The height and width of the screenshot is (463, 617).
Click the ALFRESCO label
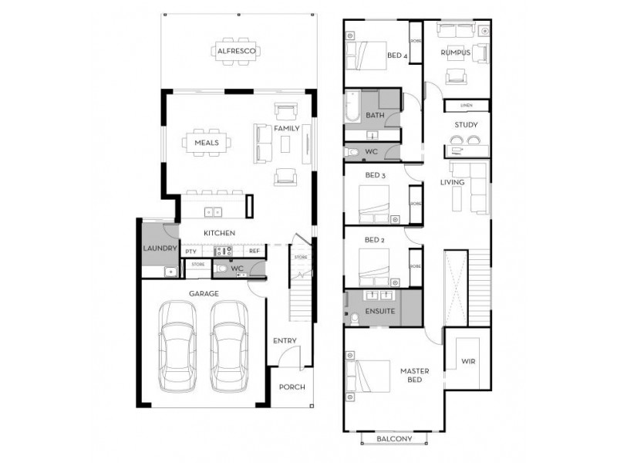(x=238, y=52)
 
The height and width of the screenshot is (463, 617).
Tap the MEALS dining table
(x=207, y=142)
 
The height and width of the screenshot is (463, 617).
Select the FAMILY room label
(x=287, y=128)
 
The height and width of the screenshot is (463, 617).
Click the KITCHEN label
(x=219, y=233)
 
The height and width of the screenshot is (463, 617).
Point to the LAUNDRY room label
(x=160, y=248)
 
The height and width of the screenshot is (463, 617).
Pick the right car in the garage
(x=230, y=347)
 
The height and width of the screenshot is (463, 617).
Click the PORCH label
(x=292, y=387)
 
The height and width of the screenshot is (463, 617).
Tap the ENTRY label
(x=284, y=341)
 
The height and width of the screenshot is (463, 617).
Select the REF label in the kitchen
(x=254, y=252)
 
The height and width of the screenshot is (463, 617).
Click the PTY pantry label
(x=190, y=252)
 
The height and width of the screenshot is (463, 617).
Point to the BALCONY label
(x=393, y=439)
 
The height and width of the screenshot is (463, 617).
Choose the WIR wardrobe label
(x=468, y=361)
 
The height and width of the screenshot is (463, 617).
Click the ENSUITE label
(x=380, y=312)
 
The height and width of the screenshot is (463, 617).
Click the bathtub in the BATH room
(x=352, y=107)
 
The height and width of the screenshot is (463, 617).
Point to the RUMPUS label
(x=455, y=52)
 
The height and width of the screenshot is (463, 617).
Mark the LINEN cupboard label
(x=467, y=106)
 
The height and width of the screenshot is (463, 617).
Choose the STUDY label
(x=467, y=124)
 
